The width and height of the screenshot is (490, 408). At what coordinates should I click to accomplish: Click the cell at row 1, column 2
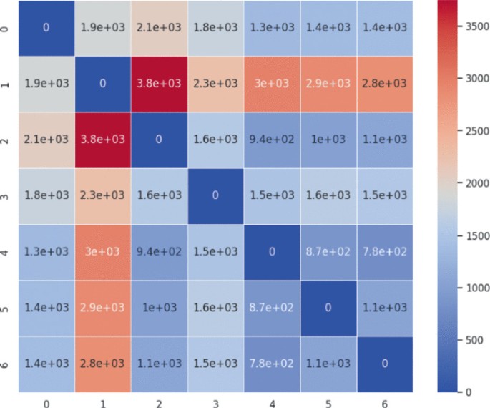pos(159,83)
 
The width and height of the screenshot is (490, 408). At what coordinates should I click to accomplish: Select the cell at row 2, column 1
pos(102,139)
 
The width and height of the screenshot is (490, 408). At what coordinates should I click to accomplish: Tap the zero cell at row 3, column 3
pos(215,195)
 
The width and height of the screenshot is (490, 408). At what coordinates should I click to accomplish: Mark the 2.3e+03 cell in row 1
pos(215,83)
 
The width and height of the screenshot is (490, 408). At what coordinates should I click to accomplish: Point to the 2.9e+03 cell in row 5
pos(102,307)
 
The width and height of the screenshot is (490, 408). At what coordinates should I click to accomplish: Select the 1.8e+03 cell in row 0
pos(215,27)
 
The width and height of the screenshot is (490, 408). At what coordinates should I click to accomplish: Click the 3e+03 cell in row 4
pos(102,251)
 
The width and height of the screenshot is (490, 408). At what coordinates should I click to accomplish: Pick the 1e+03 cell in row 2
pos(327,139)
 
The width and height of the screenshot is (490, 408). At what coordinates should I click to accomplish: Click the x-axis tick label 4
pos(270,403)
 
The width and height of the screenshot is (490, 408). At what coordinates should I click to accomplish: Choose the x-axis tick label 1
pos(102,403)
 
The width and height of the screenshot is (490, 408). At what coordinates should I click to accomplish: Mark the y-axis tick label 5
pos(6,307)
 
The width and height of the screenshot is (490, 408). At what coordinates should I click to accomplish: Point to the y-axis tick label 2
pos(6,139)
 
